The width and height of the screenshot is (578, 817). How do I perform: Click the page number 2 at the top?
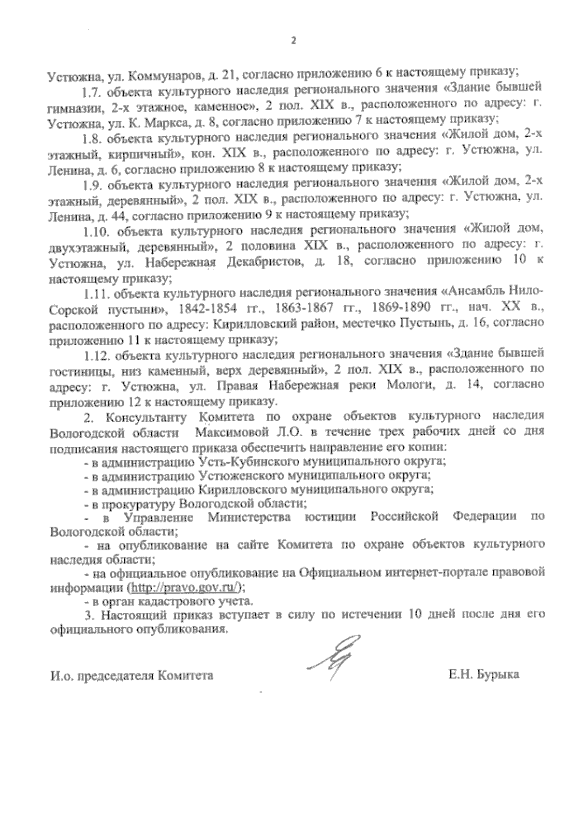[x=291, y=40]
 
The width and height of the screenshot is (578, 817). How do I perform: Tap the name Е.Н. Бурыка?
[x=483, y=674]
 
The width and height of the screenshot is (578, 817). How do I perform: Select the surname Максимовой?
[x=233, y=432]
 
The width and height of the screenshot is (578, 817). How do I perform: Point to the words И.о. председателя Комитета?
[x=131, y=675]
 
